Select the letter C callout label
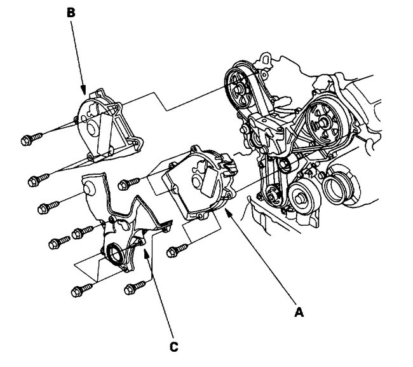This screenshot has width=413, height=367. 173,347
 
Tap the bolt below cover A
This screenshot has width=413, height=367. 175,252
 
